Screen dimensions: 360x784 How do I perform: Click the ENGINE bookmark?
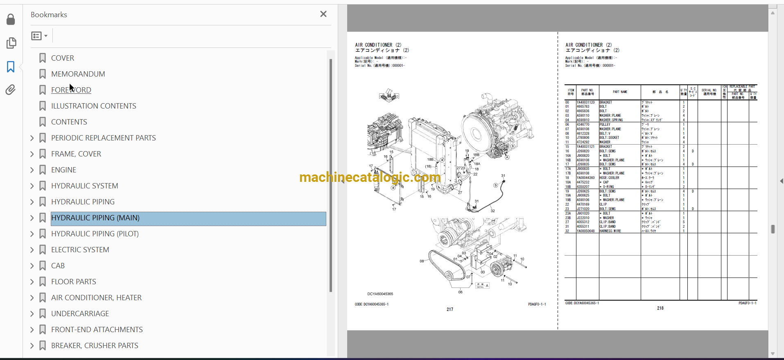coord(63,170)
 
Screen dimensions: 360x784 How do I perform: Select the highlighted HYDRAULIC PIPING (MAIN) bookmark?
coord(95,218)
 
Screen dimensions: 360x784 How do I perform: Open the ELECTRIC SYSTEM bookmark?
coord(80,250)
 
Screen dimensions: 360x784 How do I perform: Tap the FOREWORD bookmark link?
coord(71,90)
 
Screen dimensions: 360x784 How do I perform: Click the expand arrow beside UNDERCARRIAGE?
coord(32,314)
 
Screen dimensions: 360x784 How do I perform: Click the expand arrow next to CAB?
coord(32,266)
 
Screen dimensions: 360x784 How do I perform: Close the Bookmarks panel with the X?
coord(323,14)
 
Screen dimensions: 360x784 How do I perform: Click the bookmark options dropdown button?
coord(39,36)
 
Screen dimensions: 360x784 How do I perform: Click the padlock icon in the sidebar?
coord(11,19)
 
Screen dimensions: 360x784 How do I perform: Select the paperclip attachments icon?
coord(11,90)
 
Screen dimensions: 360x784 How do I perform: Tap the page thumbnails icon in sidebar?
coord(11,43)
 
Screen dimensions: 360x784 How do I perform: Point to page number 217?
coord(450,310)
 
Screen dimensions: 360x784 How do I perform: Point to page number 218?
coord(660,308)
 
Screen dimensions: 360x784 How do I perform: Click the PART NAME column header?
coord(620,92)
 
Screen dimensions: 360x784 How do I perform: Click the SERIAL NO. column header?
coord(709,92)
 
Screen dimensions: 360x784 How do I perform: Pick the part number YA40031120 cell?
coord(586,102)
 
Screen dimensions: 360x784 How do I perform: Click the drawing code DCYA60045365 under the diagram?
coord(380,294)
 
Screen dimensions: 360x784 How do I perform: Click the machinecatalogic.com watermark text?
coord(370,177)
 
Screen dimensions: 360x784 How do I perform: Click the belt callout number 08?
coord(422,261)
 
